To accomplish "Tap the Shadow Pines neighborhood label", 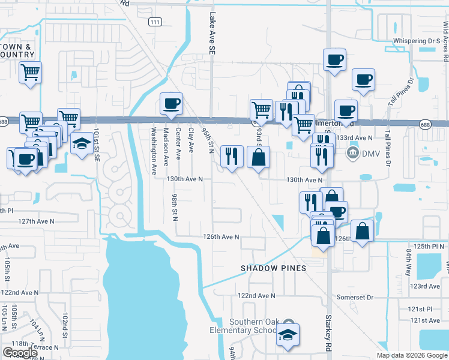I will (273, 268).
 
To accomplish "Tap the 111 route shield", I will (156, 22).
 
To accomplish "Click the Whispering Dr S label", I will (417, 41).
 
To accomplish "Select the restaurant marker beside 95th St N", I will (232, 157).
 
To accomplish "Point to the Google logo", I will (20, 353).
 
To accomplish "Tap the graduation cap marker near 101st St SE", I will (82, 143).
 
